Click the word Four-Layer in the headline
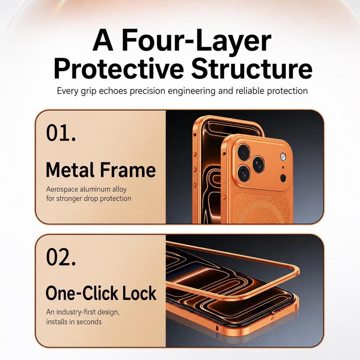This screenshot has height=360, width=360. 196,40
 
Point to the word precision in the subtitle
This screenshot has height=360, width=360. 147,91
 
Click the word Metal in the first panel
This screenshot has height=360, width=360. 70,170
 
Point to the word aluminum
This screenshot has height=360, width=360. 95,189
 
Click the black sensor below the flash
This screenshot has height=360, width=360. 283,178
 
